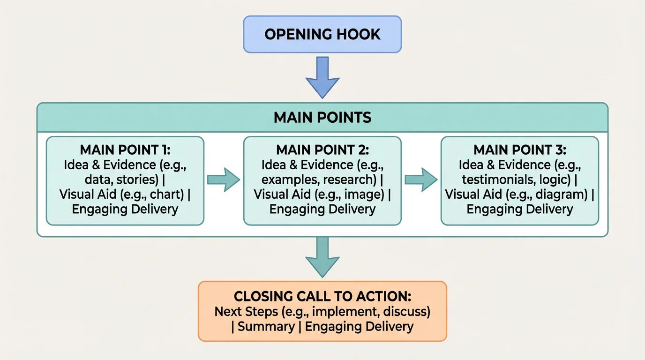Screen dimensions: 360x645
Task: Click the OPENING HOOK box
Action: click(x=322, y=34)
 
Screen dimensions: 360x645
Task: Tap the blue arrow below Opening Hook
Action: click(x=322, y=77)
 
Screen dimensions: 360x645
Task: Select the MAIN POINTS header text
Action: click(x=322, y=117)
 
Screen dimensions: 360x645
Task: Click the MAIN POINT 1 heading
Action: click(x=125, y=150)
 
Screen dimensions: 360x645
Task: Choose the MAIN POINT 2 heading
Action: click(x=322, y=150)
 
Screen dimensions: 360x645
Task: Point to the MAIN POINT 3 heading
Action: click(x=520, y=150)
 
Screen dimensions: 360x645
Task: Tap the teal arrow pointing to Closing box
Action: click(x=322, y=258)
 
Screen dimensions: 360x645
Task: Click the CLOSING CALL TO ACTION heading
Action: click(x=322, y=296)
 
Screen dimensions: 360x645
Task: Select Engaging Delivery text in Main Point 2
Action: click(x=322, y=210)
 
